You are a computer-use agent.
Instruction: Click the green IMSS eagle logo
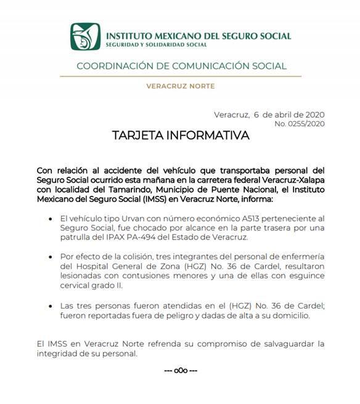pyautogui.click(x=85, y=38)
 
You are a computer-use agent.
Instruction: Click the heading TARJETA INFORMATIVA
pyautogui.click(x=181, y=135)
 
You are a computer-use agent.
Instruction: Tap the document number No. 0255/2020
pyautogui.click(x=299, y=124)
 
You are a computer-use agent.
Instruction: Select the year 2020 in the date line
pyautogui.click(x=312, y=115)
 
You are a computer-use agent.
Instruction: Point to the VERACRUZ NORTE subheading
pyautogui.click(x=180, y=86)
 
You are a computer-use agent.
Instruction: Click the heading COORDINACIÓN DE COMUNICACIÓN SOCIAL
pyautogui.click(x=180, y=66)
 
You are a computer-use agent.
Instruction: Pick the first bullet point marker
pyautogui.click(x=49, y=219)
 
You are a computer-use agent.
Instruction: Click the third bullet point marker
pyautogui.click(x=49, y=306)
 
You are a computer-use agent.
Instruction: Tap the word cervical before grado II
pyautogui.click(x=76, y=286)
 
